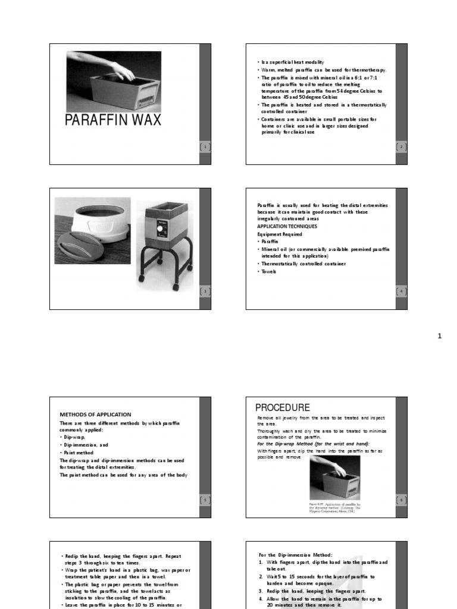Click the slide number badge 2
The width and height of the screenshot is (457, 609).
tap(401, 147)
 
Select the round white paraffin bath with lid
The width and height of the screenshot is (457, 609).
tap(92, 229)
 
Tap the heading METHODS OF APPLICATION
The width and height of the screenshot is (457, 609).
tap(95, 415)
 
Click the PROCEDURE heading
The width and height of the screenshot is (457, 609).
tap(283, 408)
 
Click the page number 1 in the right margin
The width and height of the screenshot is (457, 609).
tap(440, 337)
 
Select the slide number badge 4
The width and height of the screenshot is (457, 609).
tap(401, 291)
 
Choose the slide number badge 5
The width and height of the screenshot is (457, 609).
tap(205, 500)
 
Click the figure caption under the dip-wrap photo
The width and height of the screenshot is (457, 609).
tap(334, 508)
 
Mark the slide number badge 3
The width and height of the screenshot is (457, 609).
tap(205, 291)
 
